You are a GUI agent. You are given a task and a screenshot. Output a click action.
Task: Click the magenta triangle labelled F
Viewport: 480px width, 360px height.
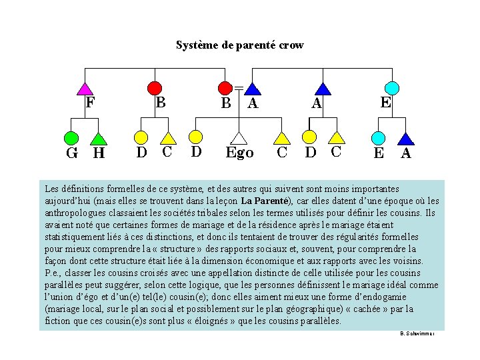click(x=85, y=88)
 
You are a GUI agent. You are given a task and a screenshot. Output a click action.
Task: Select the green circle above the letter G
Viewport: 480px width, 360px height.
click(x=71, y=138)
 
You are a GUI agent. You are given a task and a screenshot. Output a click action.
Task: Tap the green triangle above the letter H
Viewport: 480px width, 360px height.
click(x=99, y=139)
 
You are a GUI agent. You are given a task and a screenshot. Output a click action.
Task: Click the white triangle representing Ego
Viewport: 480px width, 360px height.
click(x=239, y=138)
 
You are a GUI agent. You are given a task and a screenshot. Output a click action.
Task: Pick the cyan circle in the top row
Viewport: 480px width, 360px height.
click(x=393, y=87)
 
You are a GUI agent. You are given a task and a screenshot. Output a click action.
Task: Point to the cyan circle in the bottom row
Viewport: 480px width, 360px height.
click(x=378, y=138)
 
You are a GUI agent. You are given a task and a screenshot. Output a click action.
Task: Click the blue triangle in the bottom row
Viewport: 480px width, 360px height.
click(x=405, y=139)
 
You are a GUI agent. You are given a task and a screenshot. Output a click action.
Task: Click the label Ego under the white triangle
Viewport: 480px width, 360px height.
click(x=239, y=153)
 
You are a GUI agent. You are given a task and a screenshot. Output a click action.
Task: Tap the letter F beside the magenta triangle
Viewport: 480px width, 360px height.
click(x=90, y=103)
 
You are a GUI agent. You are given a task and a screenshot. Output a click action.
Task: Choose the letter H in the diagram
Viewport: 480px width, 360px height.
click(x=99, y=153)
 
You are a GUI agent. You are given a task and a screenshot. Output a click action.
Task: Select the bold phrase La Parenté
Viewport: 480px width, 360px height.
click(x=265, y=201)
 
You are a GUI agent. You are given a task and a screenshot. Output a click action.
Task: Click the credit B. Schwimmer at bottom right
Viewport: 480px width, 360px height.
click(x=417, y=333)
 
